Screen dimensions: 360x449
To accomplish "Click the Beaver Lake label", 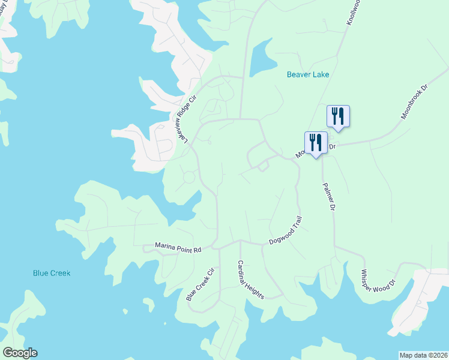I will point(308,74).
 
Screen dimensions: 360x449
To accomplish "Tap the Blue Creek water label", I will point(52,273).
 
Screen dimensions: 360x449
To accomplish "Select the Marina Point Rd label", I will point(178,246).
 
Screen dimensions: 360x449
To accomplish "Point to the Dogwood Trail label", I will point(284,231).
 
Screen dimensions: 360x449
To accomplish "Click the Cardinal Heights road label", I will point(250,280).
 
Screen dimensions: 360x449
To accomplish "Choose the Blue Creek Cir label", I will point(200,285).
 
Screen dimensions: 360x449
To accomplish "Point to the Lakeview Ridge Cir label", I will point(185,119).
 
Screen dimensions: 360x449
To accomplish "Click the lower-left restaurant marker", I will point(316,143).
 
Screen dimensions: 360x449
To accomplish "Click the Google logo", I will point(20,353).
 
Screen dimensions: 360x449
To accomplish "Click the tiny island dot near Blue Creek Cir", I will point(125,311).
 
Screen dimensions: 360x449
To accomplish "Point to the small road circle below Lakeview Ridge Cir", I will point(189,178).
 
